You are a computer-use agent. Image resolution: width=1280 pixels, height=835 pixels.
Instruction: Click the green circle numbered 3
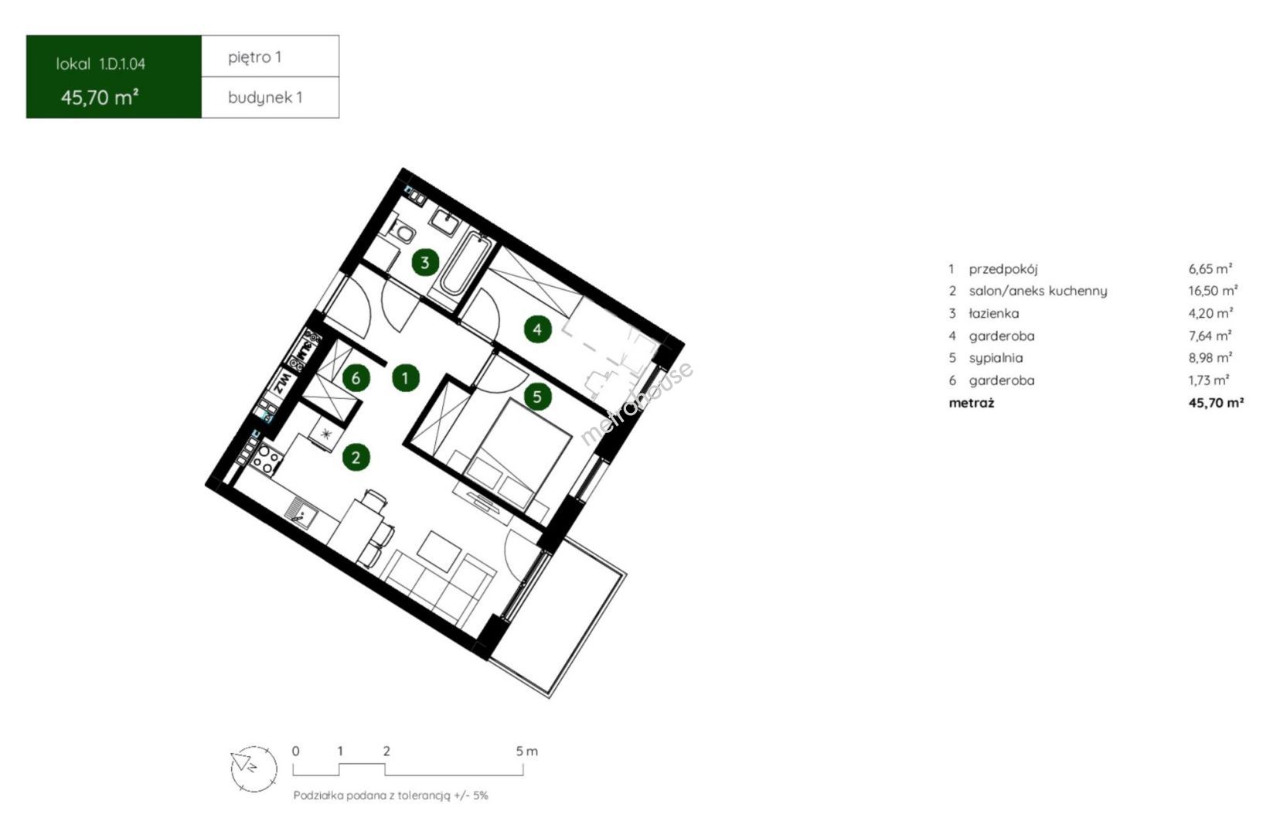(425, 262)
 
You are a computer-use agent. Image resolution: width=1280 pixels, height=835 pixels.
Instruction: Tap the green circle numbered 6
(356, 378)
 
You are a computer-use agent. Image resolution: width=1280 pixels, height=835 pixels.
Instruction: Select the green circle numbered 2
(356, 457)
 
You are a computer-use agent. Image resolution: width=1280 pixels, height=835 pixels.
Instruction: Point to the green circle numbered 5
(537, 397)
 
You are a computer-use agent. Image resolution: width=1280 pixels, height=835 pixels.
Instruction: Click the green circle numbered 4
(538, 329)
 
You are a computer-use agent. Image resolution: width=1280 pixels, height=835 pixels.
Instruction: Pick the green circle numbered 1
(406, 378)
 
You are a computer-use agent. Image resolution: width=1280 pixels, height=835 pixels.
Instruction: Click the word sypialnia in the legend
(996, 358)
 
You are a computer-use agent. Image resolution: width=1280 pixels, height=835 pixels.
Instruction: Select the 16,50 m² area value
(1213, 291)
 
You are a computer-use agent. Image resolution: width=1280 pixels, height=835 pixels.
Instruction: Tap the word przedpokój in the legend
(1003, 269)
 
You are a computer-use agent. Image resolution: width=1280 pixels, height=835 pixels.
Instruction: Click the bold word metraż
(972, 403)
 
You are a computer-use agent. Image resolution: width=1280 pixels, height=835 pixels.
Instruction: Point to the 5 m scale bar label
(527, 751)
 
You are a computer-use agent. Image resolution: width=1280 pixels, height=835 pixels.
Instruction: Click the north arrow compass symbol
(254, 769)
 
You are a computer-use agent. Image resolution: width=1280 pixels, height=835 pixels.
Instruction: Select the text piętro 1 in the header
(255, 57)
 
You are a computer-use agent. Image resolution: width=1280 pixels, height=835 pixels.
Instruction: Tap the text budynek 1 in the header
(265, 97)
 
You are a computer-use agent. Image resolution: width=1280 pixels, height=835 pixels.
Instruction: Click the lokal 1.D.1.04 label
(100, 64)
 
